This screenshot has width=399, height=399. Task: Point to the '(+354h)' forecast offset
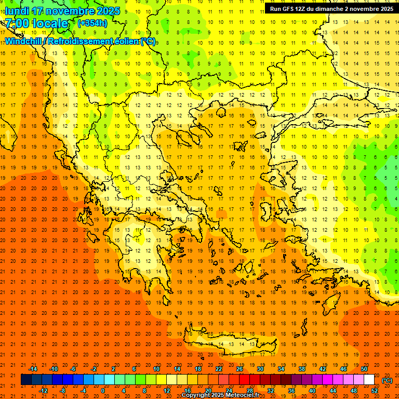[92, 23]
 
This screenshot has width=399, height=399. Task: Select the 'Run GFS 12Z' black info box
[331, 8]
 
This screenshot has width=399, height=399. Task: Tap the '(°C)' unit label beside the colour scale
[387, 380]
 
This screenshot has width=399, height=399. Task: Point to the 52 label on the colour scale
[375, 391]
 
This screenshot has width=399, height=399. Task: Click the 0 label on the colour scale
[103, 391]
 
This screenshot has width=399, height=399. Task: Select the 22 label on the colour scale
[219, 369]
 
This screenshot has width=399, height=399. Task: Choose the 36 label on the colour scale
[291, 391]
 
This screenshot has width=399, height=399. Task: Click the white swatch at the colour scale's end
[369, 380]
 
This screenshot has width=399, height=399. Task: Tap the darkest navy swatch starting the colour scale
[26, 380]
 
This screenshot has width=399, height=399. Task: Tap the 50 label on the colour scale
[364, 369]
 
